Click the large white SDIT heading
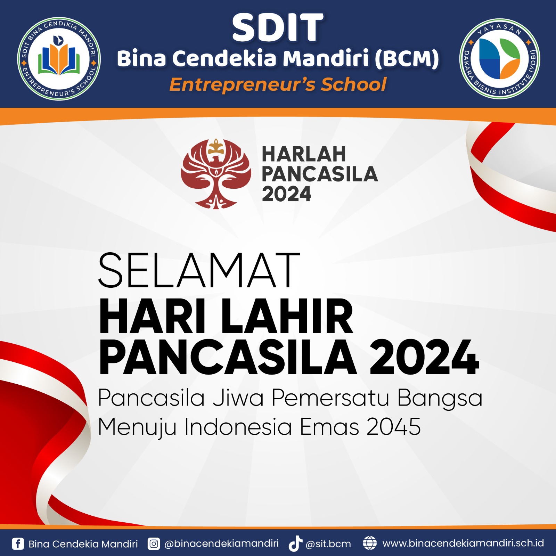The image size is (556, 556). [278, 27]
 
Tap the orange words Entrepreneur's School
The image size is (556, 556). [278, 84]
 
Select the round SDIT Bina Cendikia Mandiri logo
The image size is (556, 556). [59, 59]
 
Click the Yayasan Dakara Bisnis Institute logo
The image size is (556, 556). [500, 59]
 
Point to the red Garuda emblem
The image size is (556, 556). [216, 173]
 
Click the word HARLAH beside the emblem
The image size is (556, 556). [304, 154]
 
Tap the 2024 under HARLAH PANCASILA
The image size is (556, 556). [286, 194]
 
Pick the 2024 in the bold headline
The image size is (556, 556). [424, 358]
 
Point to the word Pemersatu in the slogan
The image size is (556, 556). [330, 398]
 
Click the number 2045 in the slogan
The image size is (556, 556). [394, 426]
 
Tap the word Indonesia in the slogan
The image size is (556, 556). [238, 426]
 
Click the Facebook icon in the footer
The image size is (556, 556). [18, 543]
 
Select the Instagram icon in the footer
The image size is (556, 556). [154, 543]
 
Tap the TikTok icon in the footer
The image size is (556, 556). [295, 543]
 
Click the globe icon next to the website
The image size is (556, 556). [370, 543]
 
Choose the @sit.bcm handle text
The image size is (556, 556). [328, 544]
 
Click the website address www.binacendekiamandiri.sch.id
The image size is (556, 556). [463, 543]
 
